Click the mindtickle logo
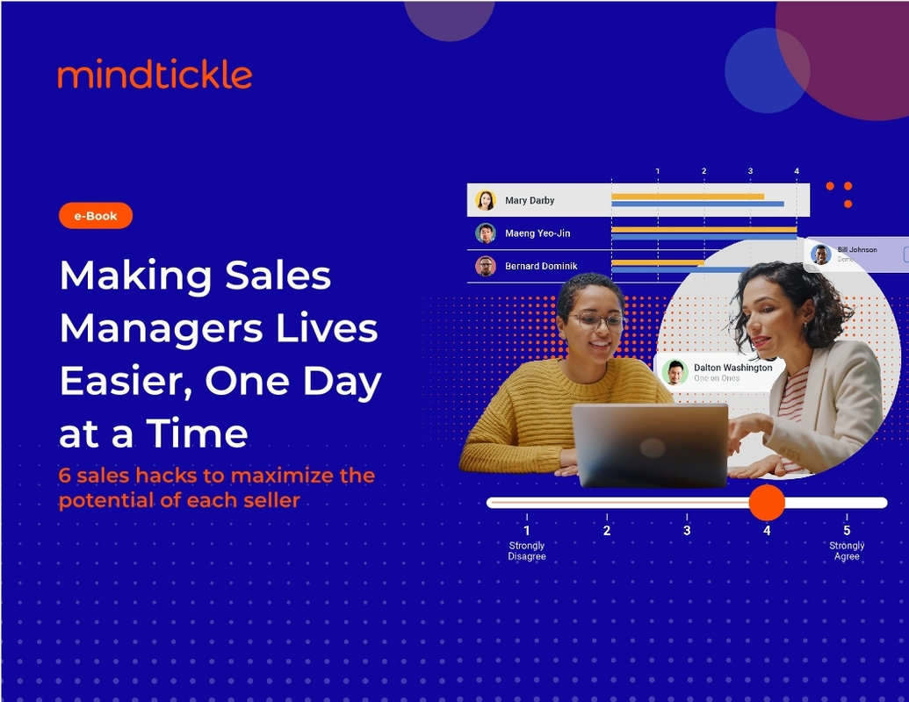pos(155,75)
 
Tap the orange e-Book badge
pos(96,215)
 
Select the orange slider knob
pos(767,503)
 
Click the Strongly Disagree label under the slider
pos(527,551)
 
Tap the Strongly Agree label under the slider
pos(847,551)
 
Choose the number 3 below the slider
pos(687,530)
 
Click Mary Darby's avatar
pos(486,200)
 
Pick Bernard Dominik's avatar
pos(486,266)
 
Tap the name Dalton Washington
pos(732,368)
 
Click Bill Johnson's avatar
pos(820,254)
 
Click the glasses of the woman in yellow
pos(597,321)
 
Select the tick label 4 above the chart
pos(797,171)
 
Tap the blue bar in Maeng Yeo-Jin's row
pos(703,237)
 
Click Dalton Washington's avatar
pos(675,372)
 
